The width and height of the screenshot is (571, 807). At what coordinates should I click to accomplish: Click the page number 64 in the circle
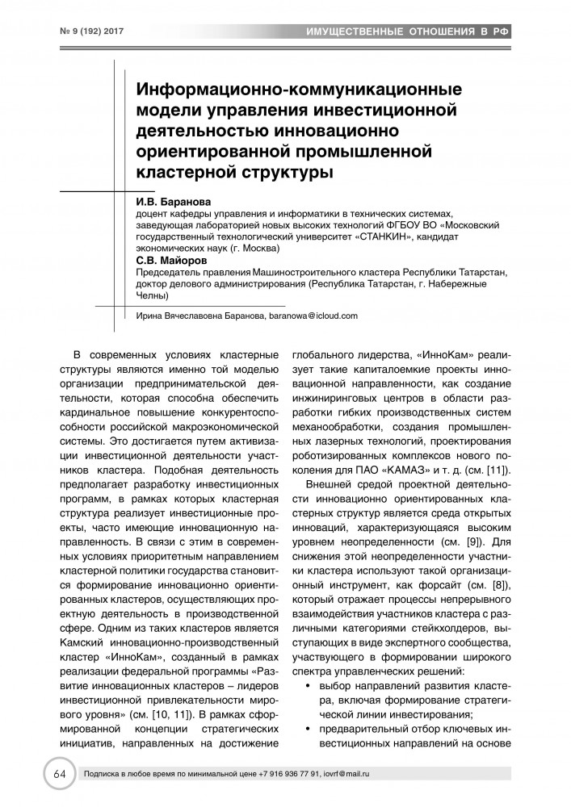59,773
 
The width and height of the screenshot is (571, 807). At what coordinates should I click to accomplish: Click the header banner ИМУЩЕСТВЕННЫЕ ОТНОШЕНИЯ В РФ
410,32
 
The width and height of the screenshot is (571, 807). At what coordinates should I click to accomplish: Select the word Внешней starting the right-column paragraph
333,487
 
